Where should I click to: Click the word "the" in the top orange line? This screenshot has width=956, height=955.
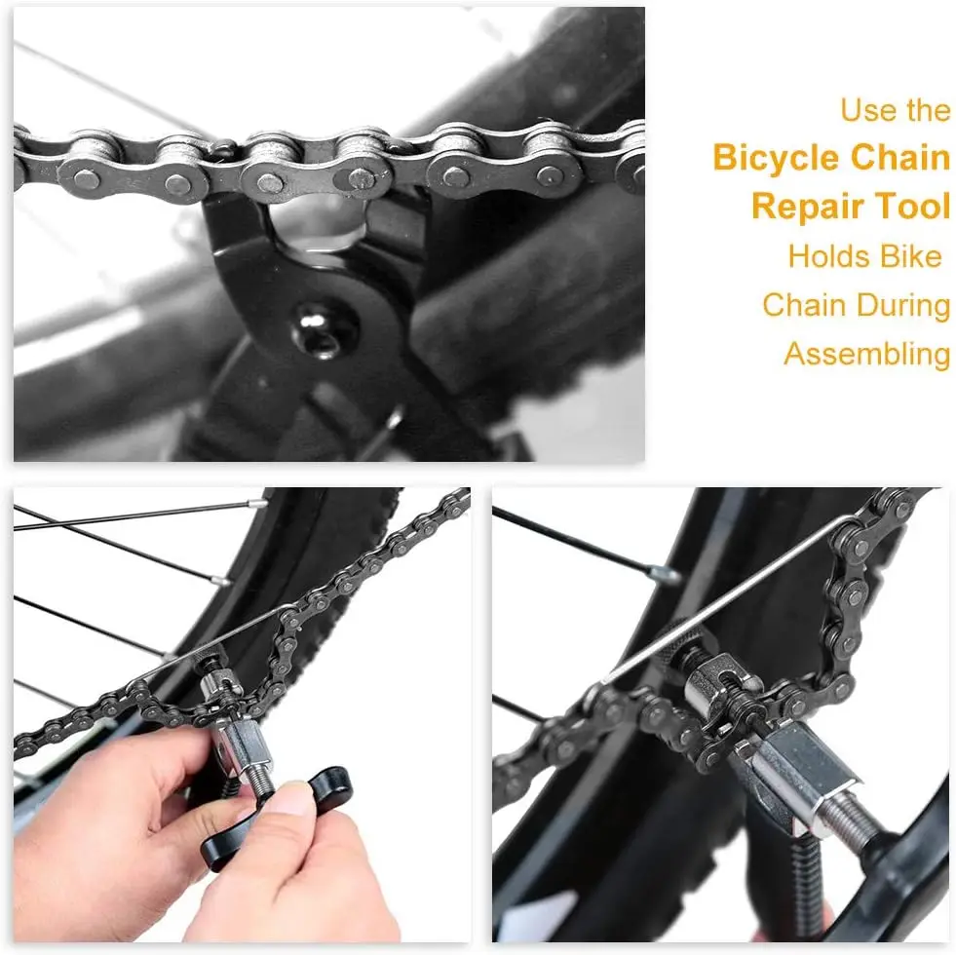[x=928, y=110]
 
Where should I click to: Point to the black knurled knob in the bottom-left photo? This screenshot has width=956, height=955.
[x=208, y=659]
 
